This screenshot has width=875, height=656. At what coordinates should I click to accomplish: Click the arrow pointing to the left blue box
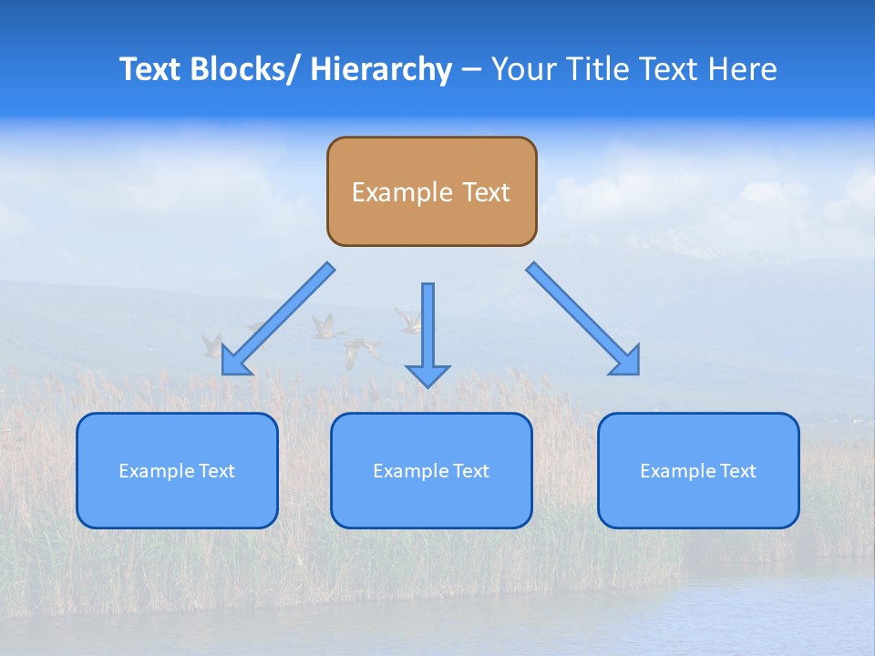(278, 319)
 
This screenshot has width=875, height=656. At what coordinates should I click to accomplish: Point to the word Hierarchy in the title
(381, 69)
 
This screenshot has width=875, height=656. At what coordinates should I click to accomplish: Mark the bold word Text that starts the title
(149, 69)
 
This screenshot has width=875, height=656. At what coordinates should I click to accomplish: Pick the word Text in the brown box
(485, 192)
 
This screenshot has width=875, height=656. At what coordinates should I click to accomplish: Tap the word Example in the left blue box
(157, 471)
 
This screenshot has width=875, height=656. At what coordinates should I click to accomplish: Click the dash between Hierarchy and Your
(471, 69)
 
